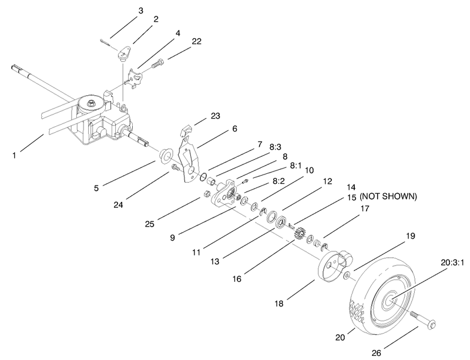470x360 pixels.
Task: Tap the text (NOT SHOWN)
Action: pos(387,197)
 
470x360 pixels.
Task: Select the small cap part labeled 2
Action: pos(123,55)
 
